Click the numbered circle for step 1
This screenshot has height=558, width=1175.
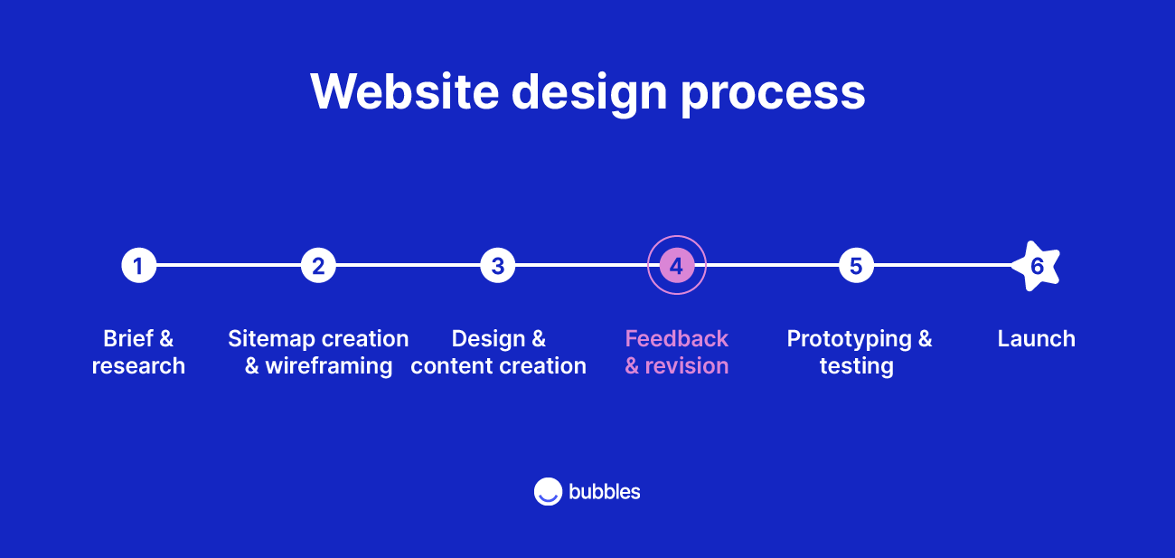[138, 266]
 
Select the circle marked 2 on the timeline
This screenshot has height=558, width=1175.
[318, 266]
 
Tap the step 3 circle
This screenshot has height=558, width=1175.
[497, 266]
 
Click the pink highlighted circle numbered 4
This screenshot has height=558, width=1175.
[676, 266]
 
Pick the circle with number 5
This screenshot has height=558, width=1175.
[856, 266]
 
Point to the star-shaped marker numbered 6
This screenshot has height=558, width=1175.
[1036, 266]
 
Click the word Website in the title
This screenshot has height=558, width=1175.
[403, 91]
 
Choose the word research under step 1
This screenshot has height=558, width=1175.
[138, 366]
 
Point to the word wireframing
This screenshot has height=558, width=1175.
[329, 366]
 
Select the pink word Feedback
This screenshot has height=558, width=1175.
[676, 339]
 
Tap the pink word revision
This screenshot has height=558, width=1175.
[686, 366]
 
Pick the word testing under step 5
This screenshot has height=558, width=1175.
[856, 366]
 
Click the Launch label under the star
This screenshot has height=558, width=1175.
[1036, 339]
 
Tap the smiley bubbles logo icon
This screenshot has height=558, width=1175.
[548, 491]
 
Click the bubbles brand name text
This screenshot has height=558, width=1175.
[604, 491]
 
